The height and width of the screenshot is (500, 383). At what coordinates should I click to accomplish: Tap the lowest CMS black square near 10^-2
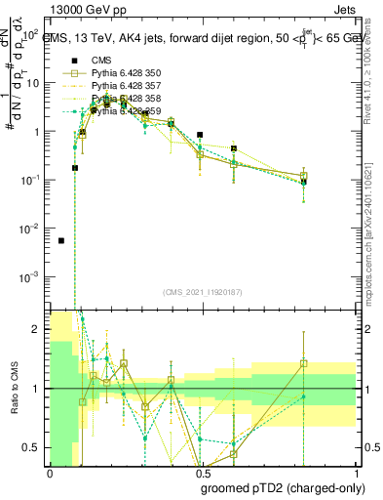pyautogui.click(x=61, y=240)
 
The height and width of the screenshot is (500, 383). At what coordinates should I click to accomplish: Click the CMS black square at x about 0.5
pyautogui.click(x=200, y=135)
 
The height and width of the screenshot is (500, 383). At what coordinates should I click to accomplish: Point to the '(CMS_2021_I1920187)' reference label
pyautogui.click(x=203, y=292)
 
